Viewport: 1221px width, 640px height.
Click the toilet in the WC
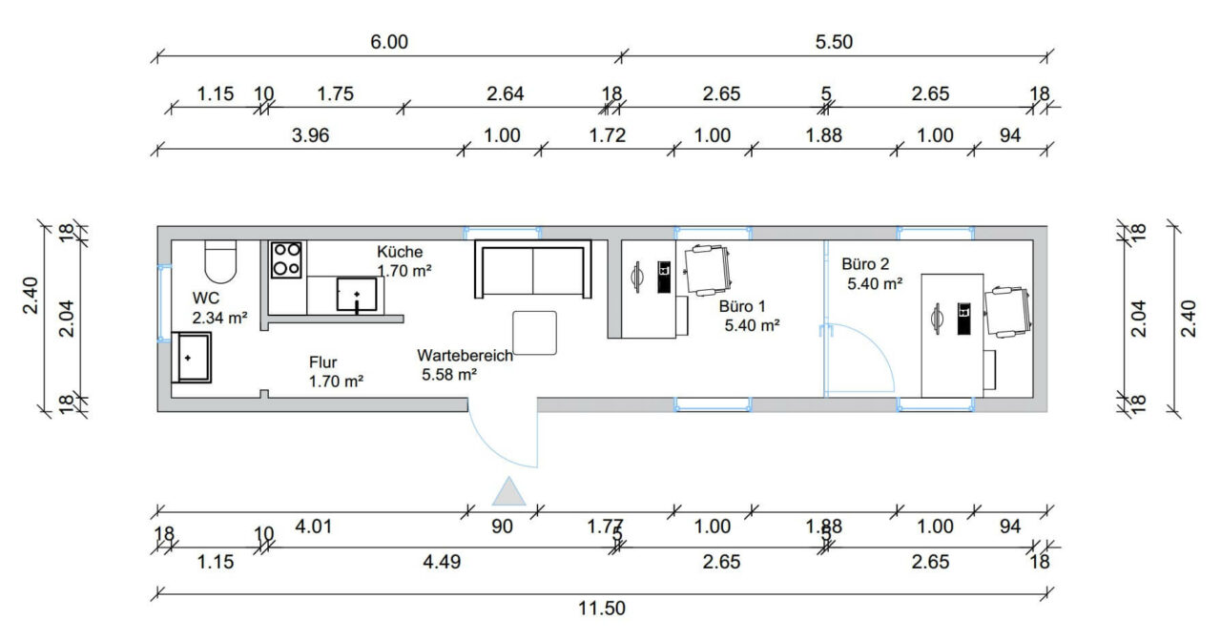coord(220,261)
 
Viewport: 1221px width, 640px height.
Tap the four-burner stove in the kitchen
coord(287,260)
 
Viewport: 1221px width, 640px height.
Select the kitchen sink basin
coord(357,295)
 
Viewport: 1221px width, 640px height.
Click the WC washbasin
coord(192,357)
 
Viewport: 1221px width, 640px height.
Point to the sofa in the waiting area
coord(533,269)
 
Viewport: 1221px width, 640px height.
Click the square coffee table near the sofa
coord(534,333)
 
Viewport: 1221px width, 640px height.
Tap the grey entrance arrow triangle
coord(509,492)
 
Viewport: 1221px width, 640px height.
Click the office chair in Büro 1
coord(708,270)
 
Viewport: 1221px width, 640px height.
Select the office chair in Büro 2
coord(1008,312)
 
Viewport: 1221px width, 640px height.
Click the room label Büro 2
coord(865,264)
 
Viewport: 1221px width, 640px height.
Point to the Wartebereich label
coord(465,356)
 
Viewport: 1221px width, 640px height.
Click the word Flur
coord(322,362)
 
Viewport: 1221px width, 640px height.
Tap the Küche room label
coord(400,252)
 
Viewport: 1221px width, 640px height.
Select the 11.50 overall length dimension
coord(602,608)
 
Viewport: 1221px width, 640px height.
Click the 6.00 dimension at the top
coord(389,42)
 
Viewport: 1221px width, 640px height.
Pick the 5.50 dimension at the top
coord(834,42)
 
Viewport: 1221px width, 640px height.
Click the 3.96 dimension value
coord(311,135)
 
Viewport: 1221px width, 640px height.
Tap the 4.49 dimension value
coord(442,562)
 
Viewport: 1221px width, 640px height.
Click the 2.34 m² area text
coord(220,318)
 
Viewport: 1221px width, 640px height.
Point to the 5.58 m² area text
coord(449,375)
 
